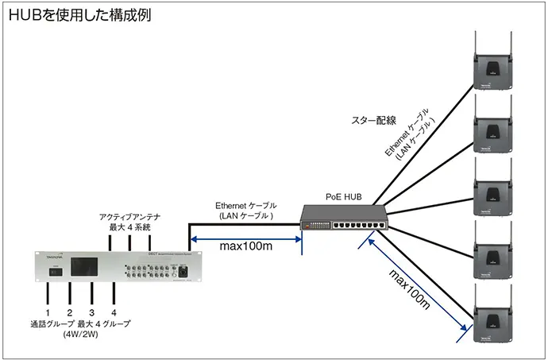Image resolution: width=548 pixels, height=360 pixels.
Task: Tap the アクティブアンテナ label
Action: pos(130,216)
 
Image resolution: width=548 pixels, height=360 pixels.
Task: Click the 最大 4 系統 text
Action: pos(130,228)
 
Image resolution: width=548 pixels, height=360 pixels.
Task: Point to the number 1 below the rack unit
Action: pos(48,312)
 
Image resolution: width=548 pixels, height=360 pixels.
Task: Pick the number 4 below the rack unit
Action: pos(114,312)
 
